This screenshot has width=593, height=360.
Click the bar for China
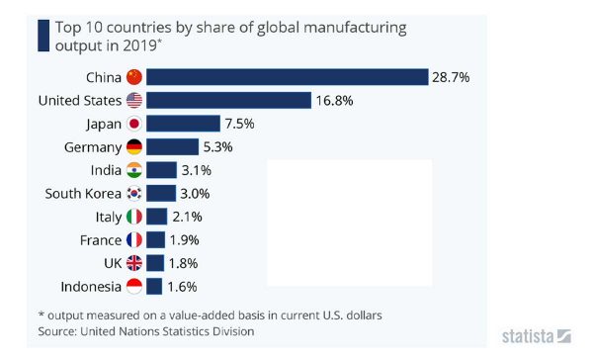pos(287,77)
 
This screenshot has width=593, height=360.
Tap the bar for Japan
pos(183,124)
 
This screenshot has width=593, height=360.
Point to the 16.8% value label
pos(333,100)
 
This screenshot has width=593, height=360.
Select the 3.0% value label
pos(195,193)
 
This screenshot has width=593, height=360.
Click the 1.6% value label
pos(181,287)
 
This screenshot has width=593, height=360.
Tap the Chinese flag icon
pos(134,77)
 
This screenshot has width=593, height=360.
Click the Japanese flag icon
pos(134,124)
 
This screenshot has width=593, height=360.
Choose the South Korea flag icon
pos(134,193)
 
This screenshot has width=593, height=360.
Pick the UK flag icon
pos(134,263)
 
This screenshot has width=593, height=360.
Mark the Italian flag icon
pos(134,217)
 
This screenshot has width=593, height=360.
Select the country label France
pos(100,240)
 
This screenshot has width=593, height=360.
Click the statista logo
pos(535,334)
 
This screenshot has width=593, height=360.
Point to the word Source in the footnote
pos(57,331)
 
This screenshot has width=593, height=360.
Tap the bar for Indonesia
pos(154,287)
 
